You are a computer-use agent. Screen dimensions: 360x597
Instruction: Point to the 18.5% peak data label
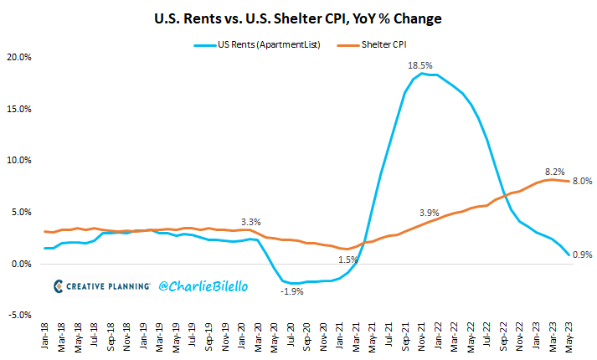[420, 64]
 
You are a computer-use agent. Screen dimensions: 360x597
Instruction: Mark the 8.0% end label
[582, 181]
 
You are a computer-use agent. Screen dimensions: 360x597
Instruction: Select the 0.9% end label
[582, 255]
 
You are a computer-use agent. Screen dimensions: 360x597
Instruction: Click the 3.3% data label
[250, 222]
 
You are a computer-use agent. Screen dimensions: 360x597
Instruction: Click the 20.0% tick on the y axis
[18, 58]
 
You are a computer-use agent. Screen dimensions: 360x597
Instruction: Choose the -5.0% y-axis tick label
[18, 316]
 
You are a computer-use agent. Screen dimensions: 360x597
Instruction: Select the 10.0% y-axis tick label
[18, 161]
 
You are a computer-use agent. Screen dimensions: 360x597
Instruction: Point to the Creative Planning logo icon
[59, 285]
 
